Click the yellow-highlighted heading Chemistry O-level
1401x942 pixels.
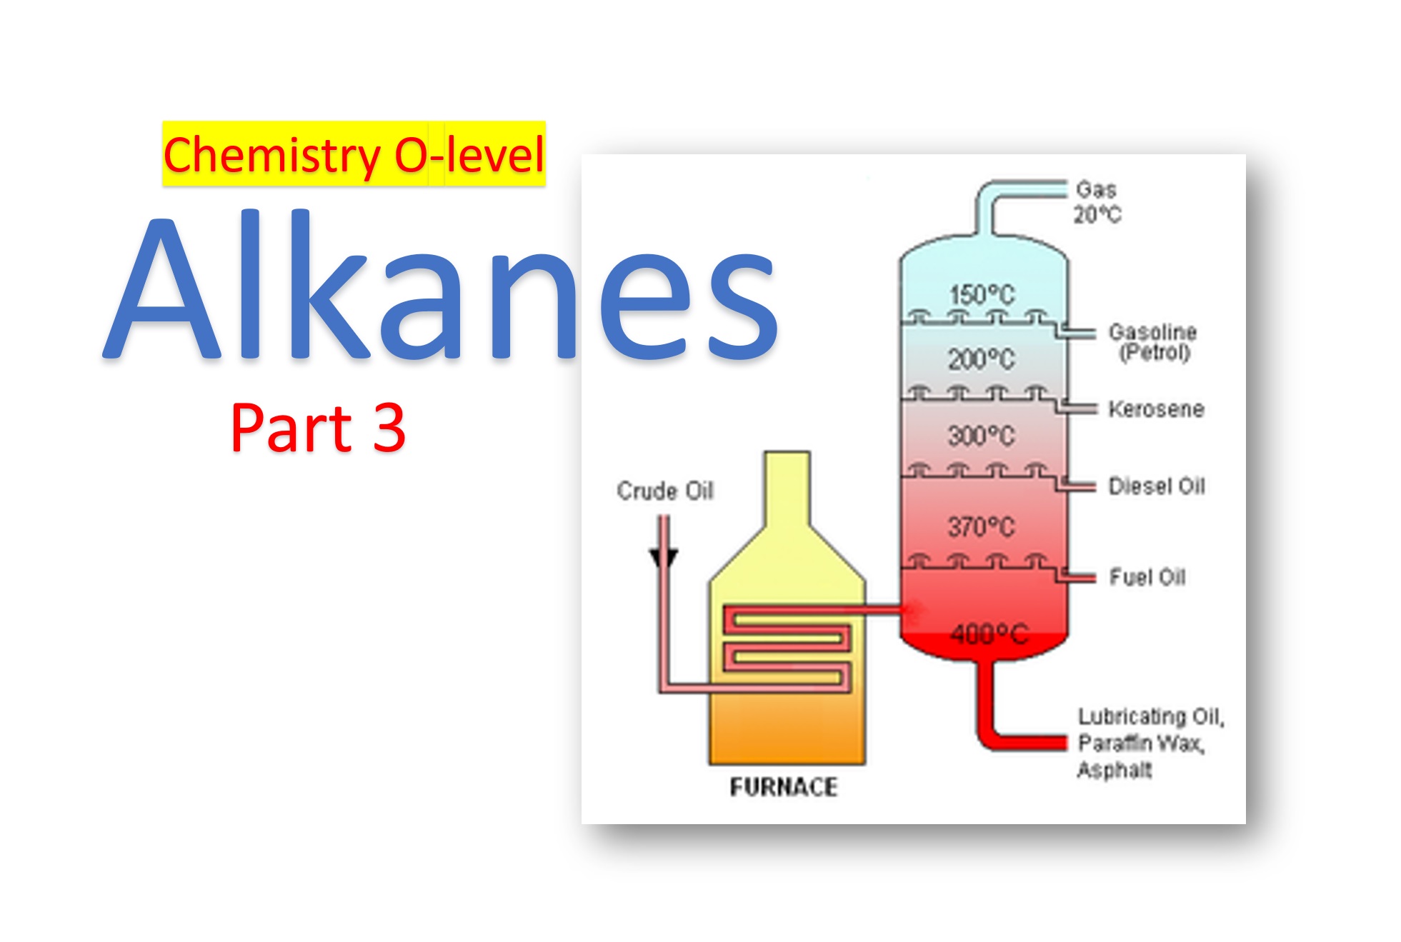pos(354,155)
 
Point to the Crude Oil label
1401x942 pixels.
pos(665,491)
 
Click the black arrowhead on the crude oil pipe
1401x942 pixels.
pos(663,557)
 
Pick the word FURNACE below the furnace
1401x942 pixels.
pos(784,787)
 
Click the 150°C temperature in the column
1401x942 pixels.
pos(982,294)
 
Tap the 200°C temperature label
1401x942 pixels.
pos(982,359)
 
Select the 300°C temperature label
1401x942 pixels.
pos(982,435)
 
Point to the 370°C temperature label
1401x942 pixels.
pos(982,526)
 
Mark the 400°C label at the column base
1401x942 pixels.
pos(989,633)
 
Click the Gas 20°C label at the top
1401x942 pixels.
pos(1097,202)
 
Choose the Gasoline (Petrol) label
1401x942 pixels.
pos(1153,342)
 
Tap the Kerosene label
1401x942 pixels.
pos(1156,409)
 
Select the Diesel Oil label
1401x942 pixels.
pos(1157,486)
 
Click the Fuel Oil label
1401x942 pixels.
pos(1147,577)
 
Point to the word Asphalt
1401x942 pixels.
pos(1115,770)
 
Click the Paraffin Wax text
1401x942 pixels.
pos(1141,743)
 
